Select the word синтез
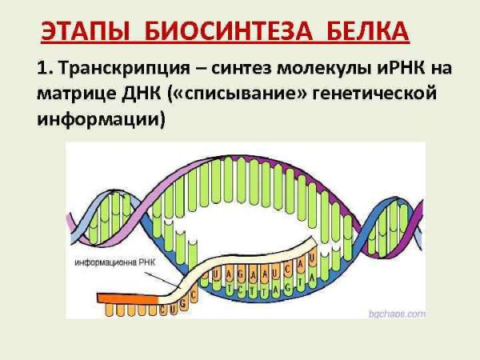[x=238, y=69]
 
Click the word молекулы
[x=322, y=69]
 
